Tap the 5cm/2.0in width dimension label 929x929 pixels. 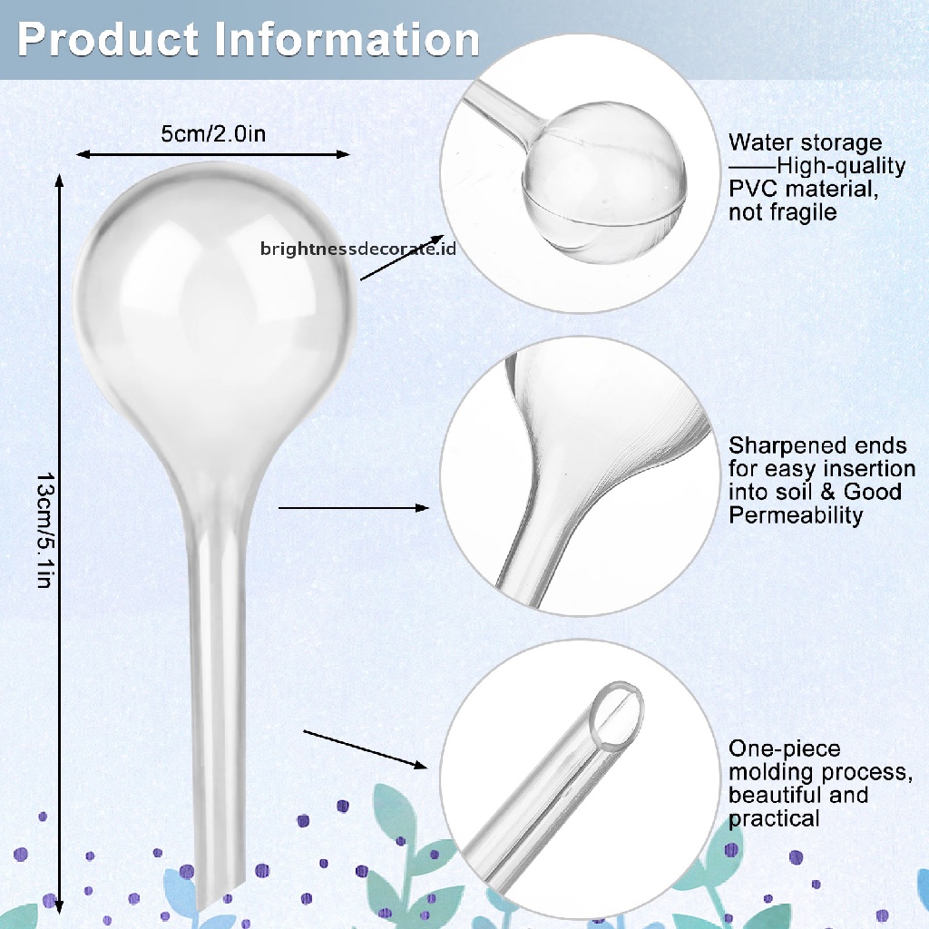213,134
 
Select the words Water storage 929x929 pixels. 805,142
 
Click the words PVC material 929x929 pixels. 803,190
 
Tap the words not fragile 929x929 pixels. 782,213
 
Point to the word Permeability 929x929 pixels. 796,515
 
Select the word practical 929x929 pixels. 774,818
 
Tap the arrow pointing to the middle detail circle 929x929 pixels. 353,508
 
